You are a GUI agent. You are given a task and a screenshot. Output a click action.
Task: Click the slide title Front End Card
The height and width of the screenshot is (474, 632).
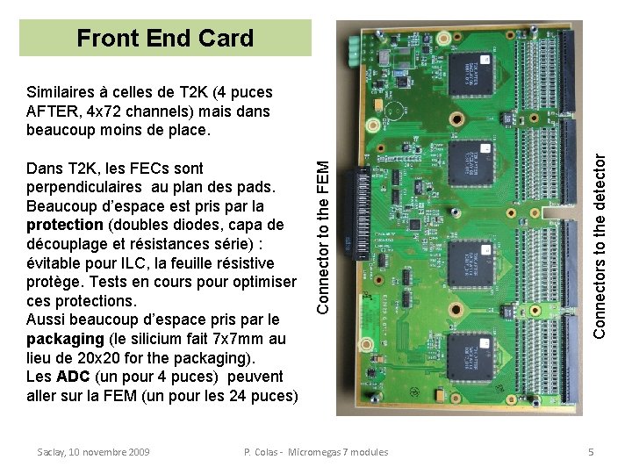click(165, 39)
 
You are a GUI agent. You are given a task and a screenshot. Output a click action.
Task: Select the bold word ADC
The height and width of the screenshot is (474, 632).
click(73, 377)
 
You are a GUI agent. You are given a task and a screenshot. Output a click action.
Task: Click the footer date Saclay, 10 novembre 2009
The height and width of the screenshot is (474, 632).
click(94, 452)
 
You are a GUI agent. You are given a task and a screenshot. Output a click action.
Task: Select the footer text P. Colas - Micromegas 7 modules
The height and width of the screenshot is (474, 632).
click(315, 452)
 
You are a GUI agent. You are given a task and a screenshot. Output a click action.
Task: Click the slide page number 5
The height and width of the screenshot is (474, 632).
click(592, 452)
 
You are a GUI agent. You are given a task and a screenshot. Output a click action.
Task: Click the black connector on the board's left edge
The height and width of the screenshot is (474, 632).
click(360, 216)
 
